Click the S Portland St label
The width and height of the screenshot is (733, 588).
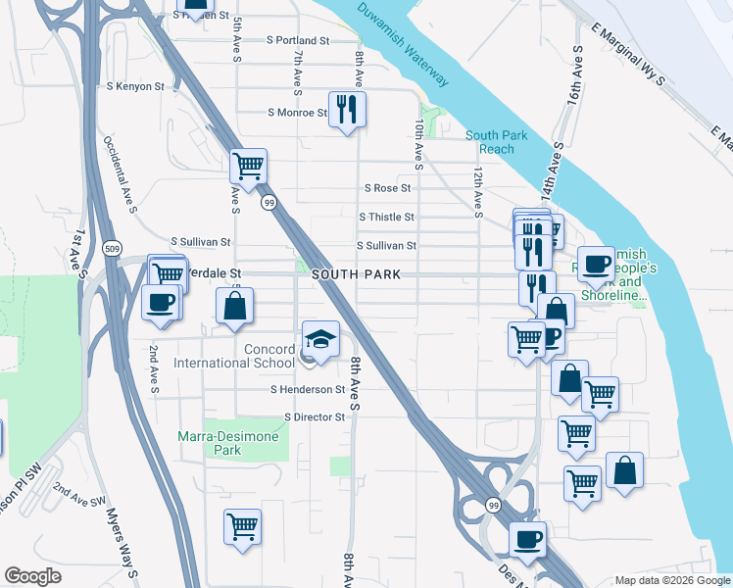(298, 40)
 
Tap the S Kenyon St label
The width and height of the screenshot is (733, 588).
(136, 86)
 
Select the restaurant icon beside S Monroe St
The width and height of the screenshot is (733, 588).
(346, 109)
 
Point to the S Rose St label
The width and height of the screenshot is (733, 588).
(386, 187)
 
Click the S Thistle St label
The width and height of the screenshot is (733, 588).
(386, 217)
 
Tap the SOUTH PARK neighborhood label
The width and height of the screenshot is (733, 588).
(356, 275)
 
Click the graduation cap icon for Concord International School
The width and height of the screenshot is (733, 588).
(320, 339)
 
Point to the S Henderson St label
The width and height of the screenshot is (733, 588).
(309, 389)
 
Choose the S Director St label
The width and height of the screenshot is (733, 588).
(315, 416)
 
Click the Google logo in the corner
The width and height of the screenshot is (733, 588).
(32, 576)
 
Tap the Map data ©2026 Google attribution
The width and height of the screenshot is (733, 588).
(671, 580)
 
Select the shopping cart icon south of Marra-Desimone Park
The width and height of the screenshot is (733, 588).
(242, 526)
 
